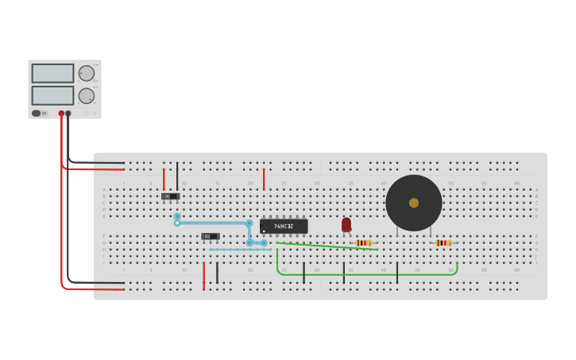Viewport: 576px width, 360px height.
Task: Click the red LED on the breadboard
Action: click(x=346, y=225)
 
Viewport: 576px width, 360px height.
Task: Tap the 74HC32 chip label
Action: click(x=284, y=226)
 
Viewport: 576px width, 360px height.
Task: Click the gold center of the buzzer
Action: click(x=414, y=203)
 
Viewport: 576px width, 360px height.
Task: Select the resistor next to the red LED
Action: click(x=364, y=242)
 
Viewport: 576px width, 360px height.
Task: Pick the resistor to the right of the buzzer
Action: click(x=443, y=242)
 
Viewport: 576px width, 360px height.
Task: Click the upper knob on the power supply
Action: click(x=86, y=73)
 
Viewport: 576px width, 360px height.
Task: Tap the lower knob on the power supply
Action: click(x=86, y=95)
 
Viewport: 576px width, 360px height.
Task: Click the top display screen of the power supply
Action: click(x=52, y=73)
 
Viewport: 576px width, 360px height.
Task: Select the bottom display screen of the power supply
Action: click(x=52, y=95)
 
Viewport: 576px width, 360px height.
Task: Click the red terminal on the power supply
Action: click(x=61, y=114)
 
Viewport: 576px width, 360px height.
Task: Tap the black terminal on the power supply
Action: click(x=68, y=114)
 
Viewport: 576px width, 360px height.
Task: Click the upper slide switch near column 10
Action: click(x=170, y=195)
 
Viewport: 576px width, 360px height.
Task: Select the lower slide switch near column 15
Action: click(x=210, y=236)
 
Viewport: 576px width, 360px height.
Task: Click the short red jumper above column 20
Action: click(x=264, y=179)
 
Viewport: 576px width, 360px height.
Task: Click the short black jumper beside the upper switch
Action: click(x=177, y=176)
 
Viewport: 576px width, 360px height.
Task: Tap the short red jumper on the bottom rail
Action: click(x=203, y=275)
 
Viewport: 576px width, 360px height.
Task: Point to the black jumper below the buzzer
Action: click(x=397, y=272)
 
